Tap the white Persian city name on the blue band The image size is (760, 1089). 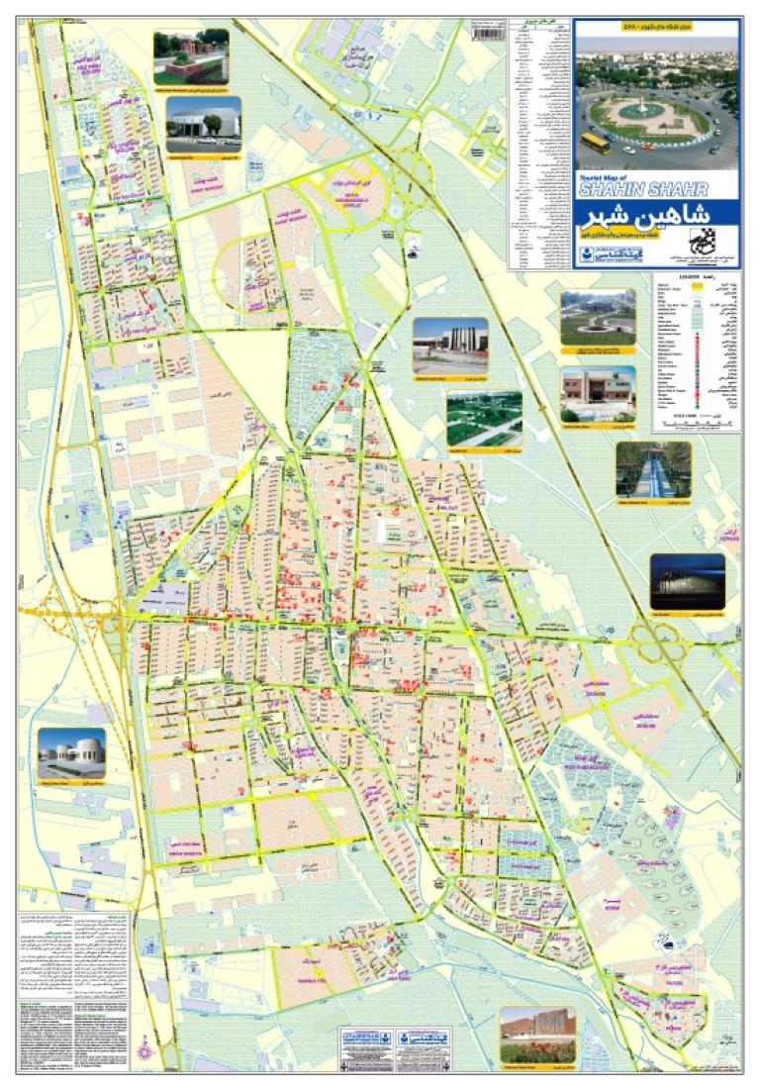click(x=655, y=218)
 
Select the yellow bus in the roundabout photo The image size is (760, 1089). click(x=594, y=143)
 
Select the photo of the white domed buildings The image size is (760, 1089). click(x=71, y=756)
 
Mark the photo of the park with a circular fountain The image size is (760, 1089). click(x=598, y=317)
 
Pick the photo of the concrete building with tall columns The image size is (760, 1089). click(x=450, y=346)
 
